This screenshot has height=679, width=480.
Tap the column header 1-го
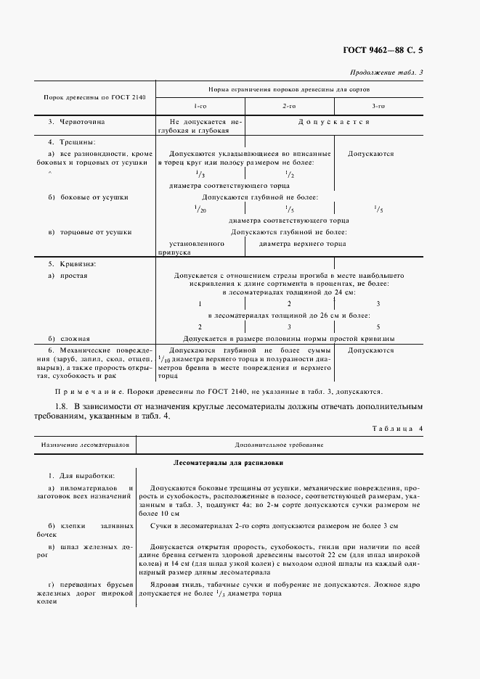tap(200, 106)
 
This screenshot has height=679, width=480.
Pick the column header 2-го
tap(288, 106)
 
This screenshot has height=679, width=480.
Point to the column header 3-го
tap(378, 106)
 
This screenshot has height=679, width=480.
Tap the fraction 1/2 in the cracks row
tap(288, 175)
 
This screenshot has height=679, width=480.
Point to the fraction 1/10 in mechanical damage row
tap(163, 358)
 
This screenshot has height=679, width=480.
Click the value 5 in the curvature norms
tap(377, 327)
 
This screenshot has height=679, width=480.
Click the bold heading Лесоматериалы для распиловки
tap(228, 461)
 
